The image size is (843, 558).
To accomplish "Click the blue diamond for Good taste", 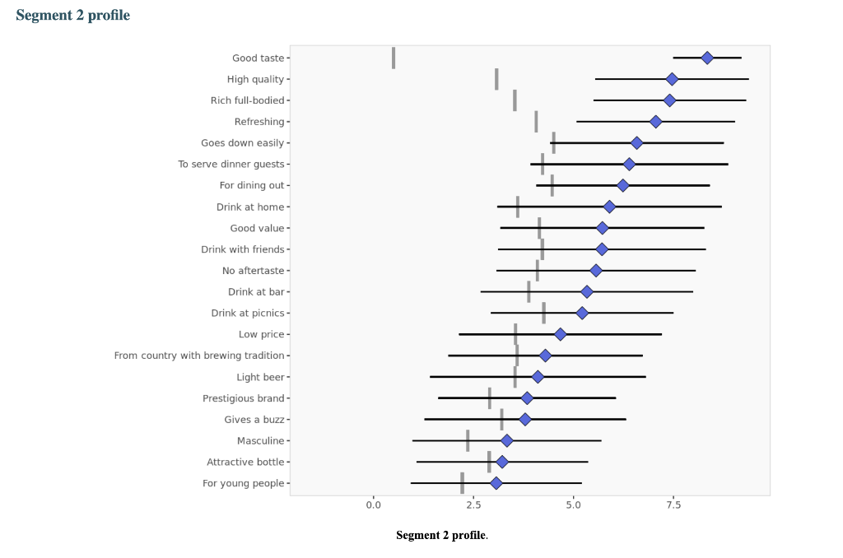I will [707, 58].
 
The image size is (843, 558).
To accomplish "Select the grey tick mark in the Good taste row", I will [394, 58].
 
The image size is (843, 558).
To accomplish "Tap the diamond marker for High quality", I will [672, 79].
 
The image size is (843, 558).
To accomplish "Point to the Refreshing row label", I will [259, 122].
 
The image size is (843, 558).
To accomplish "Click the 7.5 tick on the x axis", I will [673, 505].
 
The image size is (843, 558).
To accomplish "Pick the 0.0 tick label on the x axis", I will [373, 505].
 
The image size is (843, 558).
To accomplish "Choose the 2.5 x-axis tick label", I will [473, 505].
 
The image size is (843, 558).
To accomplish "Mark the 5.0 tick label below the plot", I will [573, 505].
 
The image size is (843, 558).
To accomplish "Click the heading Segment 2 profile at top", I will [72, 16].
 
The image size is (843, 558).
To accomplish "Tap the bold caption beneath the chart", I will [441, 536].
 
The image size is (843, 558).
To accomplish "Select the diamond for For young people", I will [496, 483].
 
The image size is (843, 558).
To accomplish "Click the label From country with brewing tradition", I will [199, 356].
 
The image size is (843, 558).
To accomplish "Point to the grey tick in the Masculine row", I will [468, 440].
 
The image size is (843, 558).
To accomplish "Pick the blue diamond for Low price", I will [560, 334].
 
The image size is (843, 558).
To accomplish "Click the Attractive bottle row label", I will [245, 462].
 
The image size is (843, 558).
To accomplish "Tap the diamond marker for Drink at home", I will [609, 207].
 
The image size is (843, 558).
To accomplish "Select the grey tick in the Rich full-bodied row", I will [515, 100].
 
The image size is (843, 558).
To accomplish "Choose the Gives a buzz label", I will [254, 420].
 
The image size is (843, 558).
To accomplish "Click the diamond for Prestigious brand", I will [527, 398].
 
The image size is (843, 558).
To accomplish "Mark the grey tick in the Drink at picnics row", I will [543, 313].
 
